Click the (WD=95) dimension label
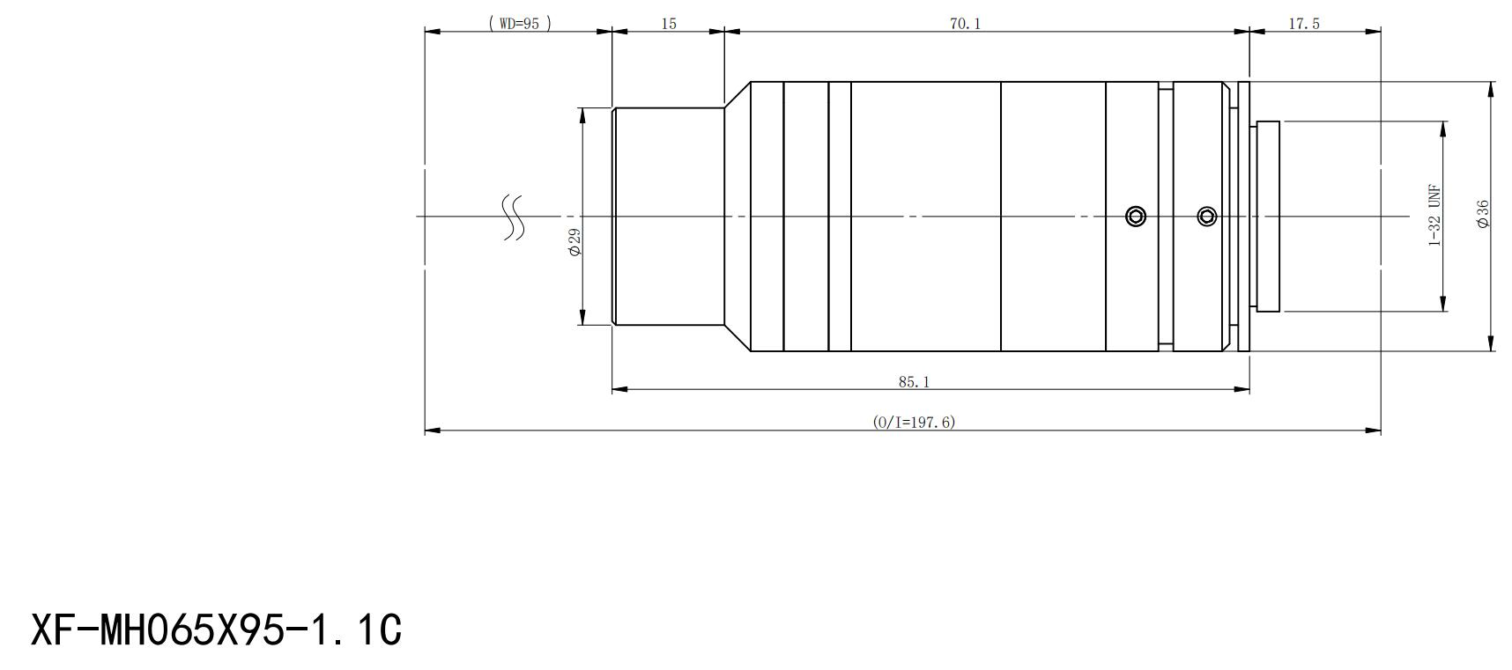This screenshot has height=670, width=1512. click(520, 24)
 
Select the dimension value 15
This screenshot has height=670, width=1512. click(669, 24)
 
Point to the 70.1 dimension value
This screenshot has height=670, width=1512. click(965, 24)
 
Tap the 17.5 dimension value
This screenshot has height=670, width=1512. click(1304, 24)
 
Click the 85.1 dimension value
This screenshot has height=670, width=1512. click(915, 382)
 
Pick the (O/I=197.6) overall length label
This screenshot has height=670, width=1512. click(914, 422)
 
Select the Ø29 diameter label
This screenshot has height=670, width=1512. click(574, 242)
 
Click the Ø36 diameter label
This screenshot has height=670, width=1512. click(1483, 214)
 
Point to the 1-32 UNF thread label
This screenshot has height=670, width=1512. click(1434, 216)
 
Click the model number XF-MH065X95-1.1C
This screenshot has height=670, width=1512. click(217, 630)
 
